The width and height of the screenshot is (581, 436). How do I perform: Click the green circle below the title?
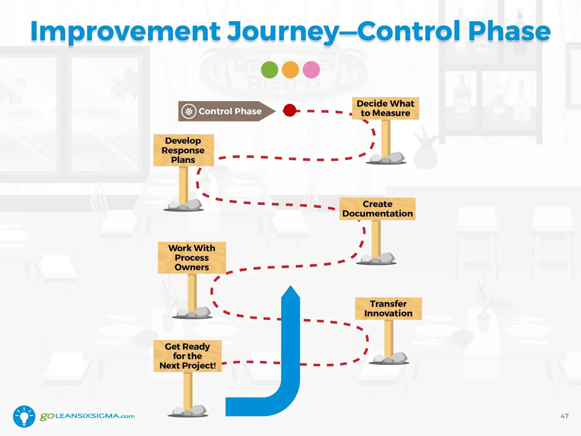[x=269, y=70]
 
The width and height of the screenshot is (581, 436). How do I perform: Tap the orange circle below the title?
[x=290, y=70]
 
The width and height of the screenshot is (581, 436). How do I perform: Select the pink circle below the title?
[x=311, y=70]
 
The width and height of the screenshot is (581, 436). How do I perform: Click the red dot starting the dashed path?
[x=290, y=110]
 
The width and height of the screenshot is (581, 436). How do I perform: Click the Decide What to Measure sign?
[x=385, y=108]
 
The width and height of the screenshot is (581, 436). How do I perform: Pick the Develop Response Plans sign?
[x=183, y=150]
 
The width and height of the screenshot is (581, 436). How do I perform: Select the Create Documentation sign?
[x=377, y=209]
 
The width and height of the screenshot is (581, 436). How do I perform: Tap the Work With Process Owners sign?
[x=192, y=258]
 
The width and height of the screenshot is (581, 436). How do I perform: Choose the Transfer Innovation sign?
[x=388, y=309]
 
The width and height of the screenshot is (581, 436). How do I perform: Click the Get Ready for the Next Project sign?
[x=187, y=356]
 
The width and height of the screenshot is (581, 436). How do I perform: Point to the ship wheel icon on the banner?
[x=189, y=111]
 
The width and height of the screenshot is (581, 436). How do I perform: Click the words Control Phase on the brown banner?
[x=230, y=111]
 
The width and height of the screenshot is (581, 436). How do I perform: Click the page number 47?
[x=564, y=416]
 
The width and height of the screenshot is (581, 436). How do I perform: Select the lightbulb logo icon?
[x=24, y=416]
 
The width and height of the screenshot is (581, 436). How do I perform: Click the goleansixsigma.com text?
[x=87, y=416]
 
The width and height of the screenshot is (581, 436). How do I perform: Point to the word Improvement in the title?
[x=125, y=31]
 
